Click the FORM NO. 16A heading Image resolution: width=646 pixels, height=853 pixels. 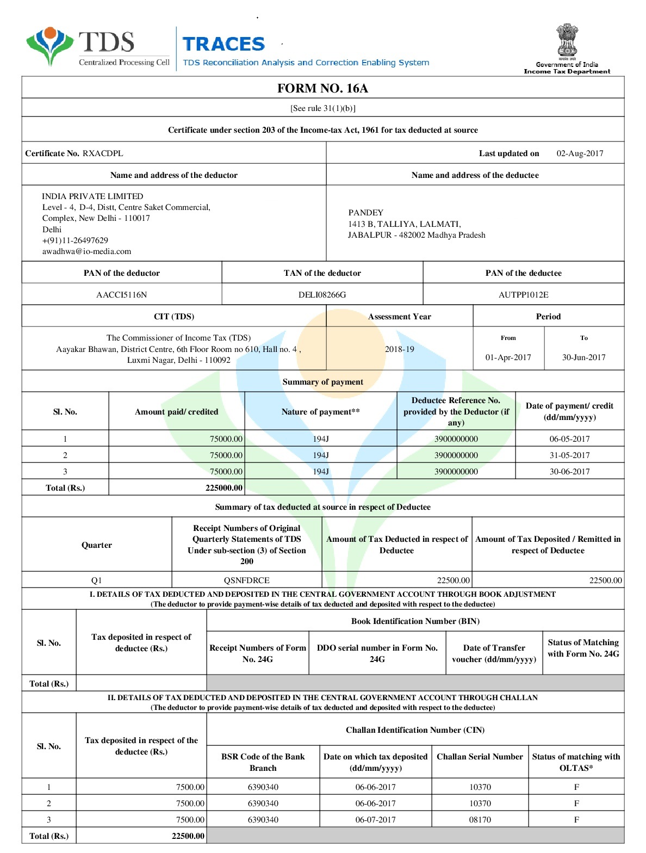coord(322,88)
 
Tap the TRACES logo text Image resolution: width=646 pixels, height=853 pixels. coord(223,44)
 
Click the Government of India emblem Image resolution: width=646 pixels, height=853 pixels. coord(567,40)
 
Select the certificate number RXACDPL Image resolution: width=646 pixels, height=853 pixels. coord(103,153)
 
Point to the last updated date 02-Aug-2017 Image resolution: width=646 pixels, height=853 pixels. coord(580,153)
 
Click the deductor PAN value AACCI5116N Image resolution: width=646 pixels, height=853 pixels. coord(121,295)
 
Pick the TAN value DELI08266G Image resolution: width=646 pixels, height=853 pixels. coord(322,295)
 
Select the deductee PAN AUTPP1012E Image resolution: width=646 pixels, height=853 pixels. coord(523,295)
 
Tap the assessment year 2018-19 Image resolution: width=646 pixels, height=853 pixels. coord(399,349)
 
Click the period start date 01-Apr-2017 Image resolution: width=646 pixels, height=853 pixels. coord(508,357)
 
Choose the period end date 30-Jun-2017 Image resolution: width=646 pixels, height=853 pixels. coord(583,357)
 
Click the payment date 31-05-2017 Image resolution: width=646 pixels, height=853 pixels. coord(569,455)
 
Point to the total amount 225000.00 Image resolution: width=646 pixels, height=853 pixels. coord(224,488)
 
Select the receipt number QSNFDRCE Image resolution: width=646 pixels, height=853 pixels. coord(246,580)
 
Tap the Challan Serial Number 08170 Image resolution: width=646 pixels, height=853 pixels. coord(480,820)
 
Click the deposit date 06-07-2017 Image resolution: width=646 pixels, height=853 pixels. coord(375,820)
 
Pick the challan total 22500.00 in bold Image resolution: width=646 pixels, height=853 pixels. coord(188,836)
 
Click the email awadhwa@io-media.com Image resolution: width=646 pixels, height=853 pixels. coord(86,251)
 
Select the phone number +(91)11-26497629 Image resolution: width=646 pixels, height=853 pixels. coord(75,240)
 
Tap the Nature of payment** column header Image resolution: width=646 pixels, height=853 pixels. coord(320,412)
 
